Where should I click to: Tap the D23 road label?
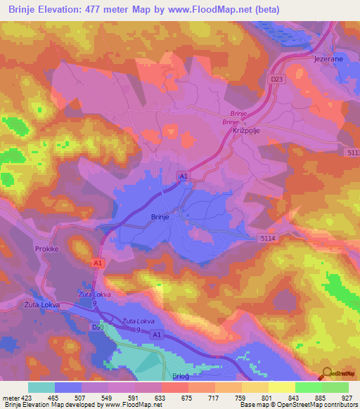(276, 80)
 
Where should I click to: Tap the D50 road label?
(98, 327)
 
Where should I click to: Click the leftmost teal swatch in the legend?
(41, 387)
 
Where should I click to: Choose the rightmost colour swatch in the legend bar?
(335, 387)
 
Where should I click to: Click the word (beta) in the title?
(297, 9)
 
